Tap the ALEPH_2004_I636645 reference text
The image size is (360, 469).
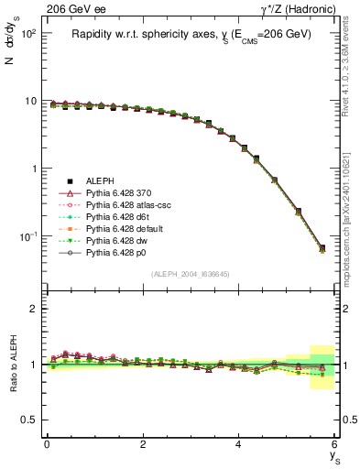tap(191, 274)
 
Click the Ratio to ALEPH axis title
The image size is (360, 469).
tap(12, 365)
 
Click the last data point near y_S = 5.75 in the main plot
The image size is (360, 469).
tap(322, 248)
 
